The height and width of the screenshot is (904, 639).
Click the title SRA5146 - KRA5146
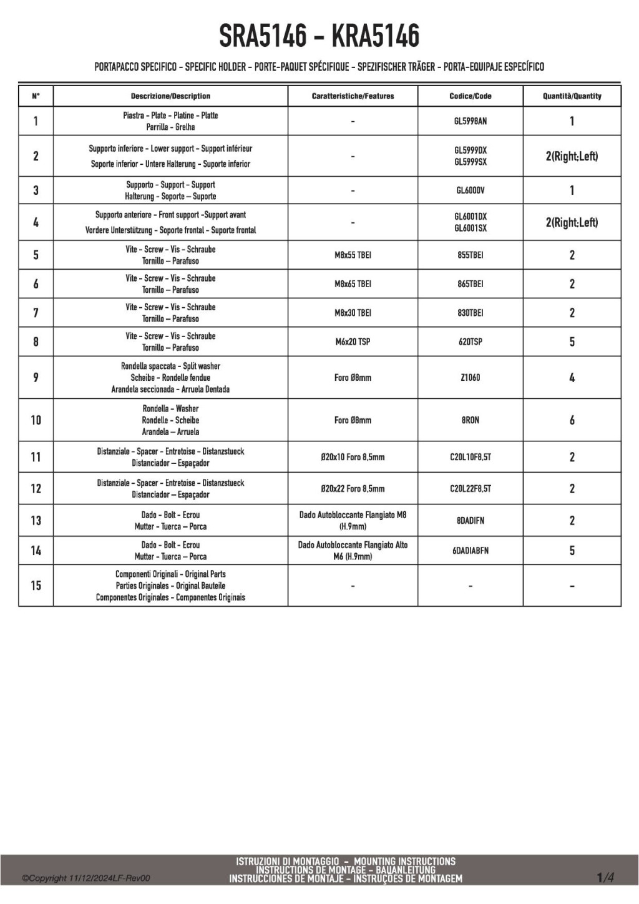(x=319, y=36)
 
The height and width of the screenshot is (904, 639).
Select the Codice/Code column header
(x=470, y=96)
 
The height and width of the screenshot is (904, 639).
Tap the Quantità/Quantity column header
(x=572, y=96)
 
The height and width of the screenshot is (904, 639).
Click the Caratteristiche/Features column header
(x=353, y=96)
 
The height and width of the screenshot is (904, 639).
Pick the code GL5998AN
(x=470, y=121)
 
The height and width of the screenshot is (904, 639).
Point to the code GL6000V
(x=470, y=190)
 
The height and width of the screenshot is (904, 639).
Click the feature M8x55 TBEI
(x=353, y=255)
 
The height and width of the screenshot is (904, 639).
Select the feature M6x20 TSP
(x=353, y=341)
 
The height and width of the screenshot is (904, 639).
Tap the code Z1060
(x=470, y=378)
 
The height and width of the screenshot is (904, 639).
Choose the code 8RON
(x=470, y=420)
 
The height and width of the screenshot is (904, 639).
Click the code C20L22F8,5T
(x=470, y=489)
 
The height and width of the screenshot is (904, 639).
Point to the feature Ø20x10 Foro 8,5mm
(x=353, y=457)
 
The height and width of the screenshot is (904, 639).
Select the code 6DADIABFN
(x=470, y=551)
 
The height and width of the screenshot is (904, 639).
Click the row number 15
(x=36, y=586)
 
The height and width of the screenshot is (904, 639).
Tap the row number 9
(x=36, y=378)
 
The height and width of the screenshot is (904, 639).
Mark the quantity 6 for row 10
(x=572, y=420)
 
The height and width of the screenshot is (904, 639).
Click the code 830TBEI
(x=470, y=313)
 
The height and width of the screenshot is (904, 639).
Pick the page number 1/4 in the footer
(x=605, y=878)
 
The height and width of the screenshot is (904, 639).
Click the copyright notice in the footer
(x=86, y=878)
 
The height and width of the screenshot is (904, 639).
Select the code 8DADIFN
(x=470, y=521)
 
